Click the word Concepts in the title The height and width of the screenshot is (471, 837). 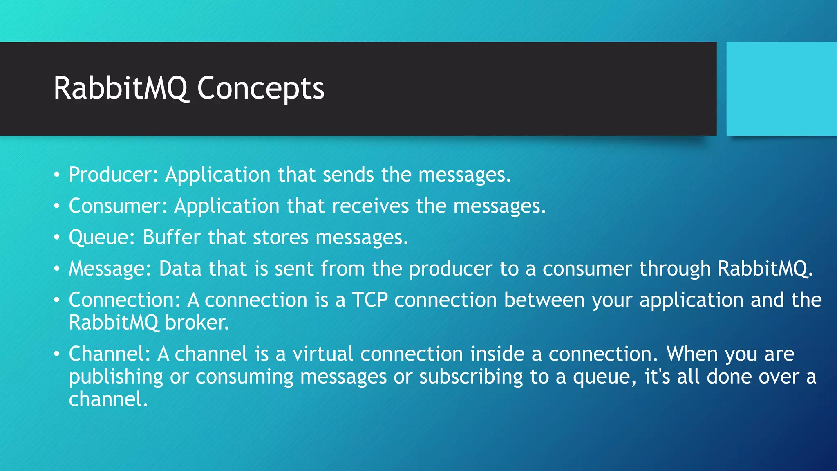(x=260, y=89)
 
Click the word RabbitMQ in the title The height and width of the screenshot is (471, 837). (x=121, y=89)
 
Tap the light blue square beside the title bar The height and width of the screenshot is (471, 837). (x=781, y=89)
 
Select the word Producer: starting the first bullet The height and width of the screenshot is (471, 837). (x=113, y=175)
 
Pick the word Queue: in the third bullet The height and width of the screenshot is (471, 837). (x=102, y=238)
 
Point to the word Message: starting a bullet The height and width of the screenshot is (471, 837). (x=110, y=269)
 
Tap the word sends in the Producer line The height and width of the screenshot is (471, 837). (x=348, y=175)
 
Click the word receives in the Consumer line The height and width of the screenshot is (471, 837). (x=370, y=206)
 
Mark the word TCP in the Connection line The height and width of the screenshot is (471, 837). (x=370, y=300)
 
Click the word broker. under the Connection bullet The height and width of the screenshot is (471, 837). (x=197, y=323)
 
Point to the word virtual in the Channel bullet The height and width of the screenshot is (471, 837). (x=322, y=354)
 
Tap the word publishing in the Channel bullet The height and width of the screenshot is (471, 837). (x=116, y=377)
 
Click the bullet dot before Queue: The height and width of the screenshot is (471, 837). (x=57, y=238)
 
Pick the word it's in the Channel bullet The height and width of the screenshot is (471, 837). (x=657, y=377)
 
